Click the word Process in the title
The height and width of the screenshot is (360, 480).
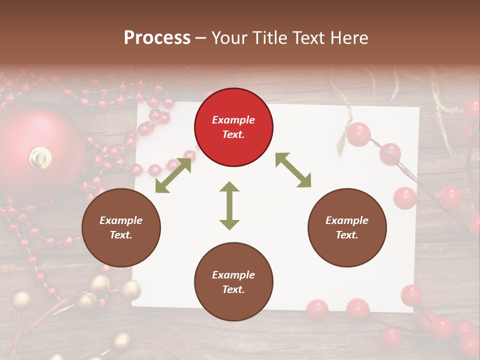click(157, 38)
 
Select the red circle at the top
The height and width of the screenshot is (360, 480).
click(233, 127)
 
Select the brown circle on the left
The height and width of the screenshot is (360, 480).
click(121, 227)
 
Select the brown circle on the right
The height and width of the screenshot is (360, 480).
click(346, 227)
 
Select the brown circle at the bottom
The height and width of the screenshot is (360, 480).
click(233, 282)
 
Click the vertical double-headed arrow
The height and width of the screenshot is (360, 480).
click(229, 205)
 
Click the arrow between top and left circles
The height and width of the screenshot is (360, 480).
click(173, 175)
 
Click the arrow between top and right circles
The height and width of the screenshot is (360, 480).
click(293, 170)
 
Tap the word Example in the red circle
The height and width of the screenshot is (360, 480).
click(233, 120)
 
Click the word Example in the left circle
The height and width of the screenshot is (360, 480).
click(121, 220)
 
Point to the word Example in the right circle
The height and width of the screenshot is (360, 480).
click(346, 220)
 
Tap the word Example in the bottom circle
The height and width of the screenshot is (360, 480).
click(233, 275)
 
